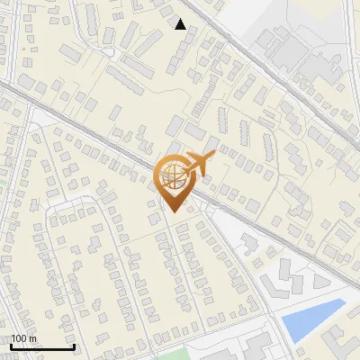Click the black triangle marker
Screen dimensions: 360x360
click(x=181, y=24)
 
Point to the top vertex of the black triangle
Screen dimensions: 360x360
click(x=181, y=19)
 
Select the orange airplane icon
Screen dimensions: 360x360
click(x=197, y=165)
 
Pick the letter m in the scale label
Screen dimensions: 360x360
click(x=33, y=338)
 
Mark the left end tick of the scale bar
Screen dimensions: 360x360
click(x=12, y=346)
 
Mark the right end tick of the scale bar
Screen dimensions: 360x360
click(x=73, y=346)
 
